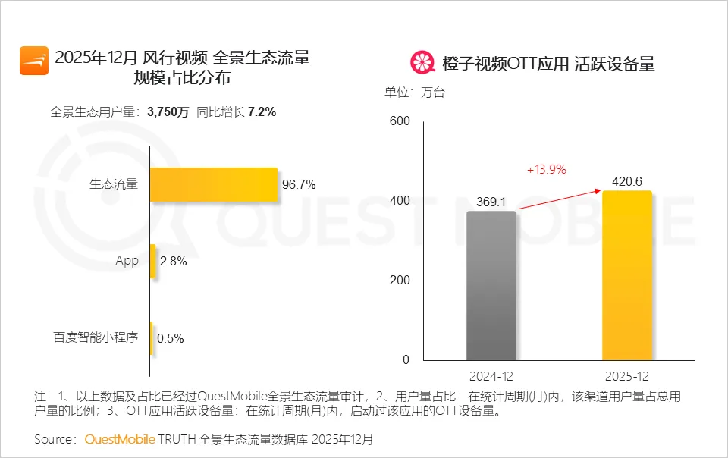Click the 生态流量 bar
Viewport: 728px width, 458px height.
(x=213, y=184)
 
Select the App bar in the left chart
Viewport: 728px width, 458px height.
(x=153, y=261)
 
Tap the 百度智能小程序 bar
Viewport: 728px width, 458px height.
(x=152, y=338)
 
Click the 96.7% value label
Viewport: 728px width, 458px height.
(x=299, y=184)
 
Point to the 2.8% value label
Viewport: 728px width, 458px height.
(x=174, y=262)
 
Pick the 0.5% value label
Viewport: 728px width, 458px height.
(x=170, y=338)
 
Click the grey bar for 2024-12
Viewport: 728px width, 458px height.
(x=491, y=285)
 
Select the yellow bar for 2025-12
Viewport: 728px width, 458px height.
(x=627, y=275)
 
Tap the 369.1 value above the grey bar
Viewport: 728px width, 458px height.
(x=491, y=202)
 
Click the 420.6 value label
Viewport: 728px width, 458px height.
(x=628, y=182)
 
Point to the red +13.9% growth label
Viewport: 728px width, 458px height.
(x=547, y=170)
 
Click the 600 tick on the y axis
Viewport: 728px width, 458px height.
(x=399, y=121)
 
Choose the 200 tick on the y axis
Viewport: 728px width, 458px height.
(x=399, y=280)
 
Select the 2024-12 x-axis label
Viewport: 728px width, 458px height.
(x=491, y=376)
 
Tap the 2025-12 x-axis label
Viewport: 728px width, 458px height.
(x=627, y=376)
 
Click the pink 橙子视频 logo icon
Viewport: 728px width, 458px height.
(x=422, y=63)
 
